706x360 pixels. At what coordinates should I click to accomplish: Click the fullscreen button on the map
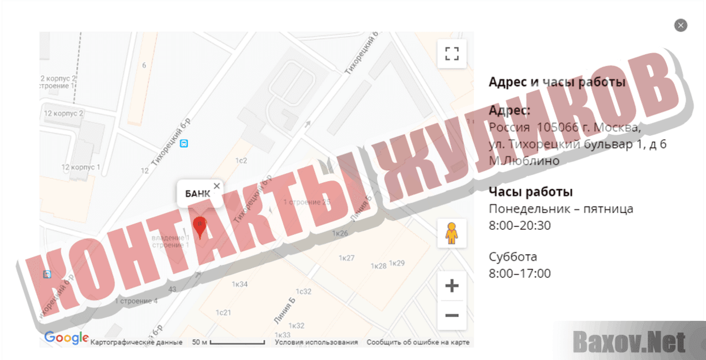[451, 54]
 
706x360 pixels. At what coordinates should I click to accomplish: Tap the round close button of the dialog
[681, 25]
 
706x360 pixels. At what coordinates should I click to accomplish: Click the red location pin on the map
[199, 227]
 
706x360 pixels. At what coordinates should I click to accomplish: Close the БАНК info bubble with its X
[217, 186]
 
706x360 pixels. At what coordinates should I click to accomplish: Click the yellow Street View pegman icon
[451, 233]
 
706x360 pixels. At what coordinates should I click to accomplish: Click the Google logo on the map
[66, 338]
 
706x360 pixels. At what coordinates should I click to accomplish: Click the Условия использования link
[316, 342]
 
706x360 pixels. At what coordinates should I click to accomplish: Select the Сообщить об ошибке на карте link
[418, 342]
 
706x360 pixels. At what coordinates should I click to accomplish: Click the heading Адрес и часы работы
[557, 82]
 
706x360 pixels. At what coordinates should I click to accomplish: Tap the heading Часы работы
[530, 192]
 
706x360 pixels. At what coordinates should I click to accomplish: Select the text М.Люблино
[524, 161]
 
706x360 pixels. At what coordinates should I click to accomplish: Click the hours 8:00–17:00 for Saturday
[520, 273]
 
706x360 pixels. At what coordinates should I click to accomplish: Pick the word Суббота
[513, 257]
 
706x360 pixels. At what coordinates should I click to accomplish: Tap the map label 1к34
[239, 284]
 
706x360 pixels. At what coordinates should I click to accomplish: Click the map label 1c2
[241, 161]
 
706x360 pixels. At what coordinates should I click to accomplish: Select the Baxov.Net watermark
[629, 342]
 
